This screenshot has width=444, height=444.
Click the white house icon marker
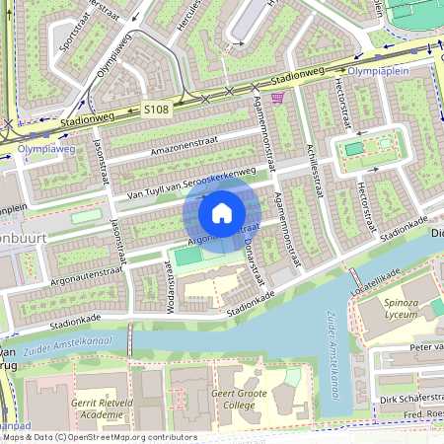pyautogui.click(x=222, y=212)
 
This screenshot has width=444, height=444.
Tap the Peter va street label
pyautogui.click(x=426, y=347)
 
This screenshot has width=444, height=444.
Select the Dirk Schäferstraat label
pyautogui.click(x=410, y=400)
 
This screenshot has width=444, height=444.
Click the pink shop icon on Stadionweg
pyautogui.click(x=277, y=98)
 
